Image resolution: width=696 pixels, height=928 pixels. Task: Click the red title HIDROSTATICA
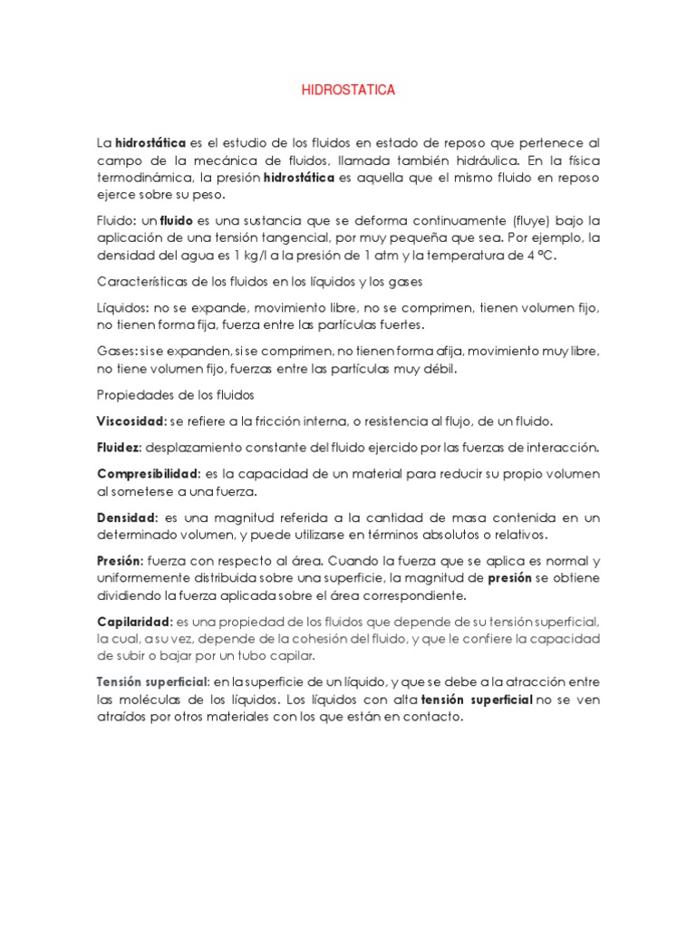point(348,92)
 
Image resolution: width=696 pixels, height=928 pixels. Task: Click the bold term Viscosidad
point(130,421)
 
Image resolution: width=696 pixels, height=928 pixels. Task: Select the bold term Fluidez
point(119,448)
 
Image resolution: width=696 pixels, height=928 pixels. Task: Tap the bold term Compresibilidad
point(148,474)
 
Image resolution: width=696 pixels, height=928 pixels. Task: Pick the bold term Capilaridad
point(133,622)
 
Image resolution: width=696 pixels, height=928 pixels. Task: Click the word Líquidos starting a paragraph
point(120,307)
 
